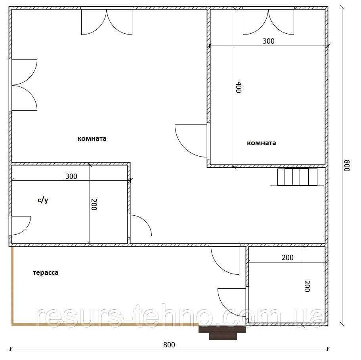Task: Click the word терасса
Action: tap(46, 273)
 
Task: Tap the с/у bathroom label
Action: tap(43, 200)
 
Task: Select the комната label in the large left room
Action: tap(92, 139)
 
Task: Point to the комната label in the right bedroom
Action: tap(261, 143)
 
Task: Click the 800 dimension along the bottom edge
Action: tap(169, 345)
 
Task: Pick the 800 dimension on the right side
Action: tap(347, 166)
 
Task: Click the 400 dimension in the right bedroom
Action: tap(239, 87)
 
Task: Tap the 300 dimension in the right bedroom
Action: tap(268, 41)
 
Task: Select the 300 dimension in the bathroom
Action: tap(71, 176)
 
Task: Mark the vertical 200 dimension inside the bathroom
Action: tap(94, 205)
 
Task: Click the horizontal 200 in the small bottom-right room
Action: tap(288, 257)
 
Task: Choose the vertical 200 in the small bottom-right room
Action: tap(307, 286)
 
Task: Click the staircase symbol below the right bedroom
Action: tap(297, 177)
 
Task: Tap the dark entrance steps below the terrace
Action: tap(222, 332)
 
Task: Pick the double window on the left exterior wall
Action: tap(23, 85)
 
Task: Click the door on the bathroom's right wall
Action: tap(140, 226)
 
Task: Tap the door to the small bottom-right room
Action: tap(233, 303)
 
